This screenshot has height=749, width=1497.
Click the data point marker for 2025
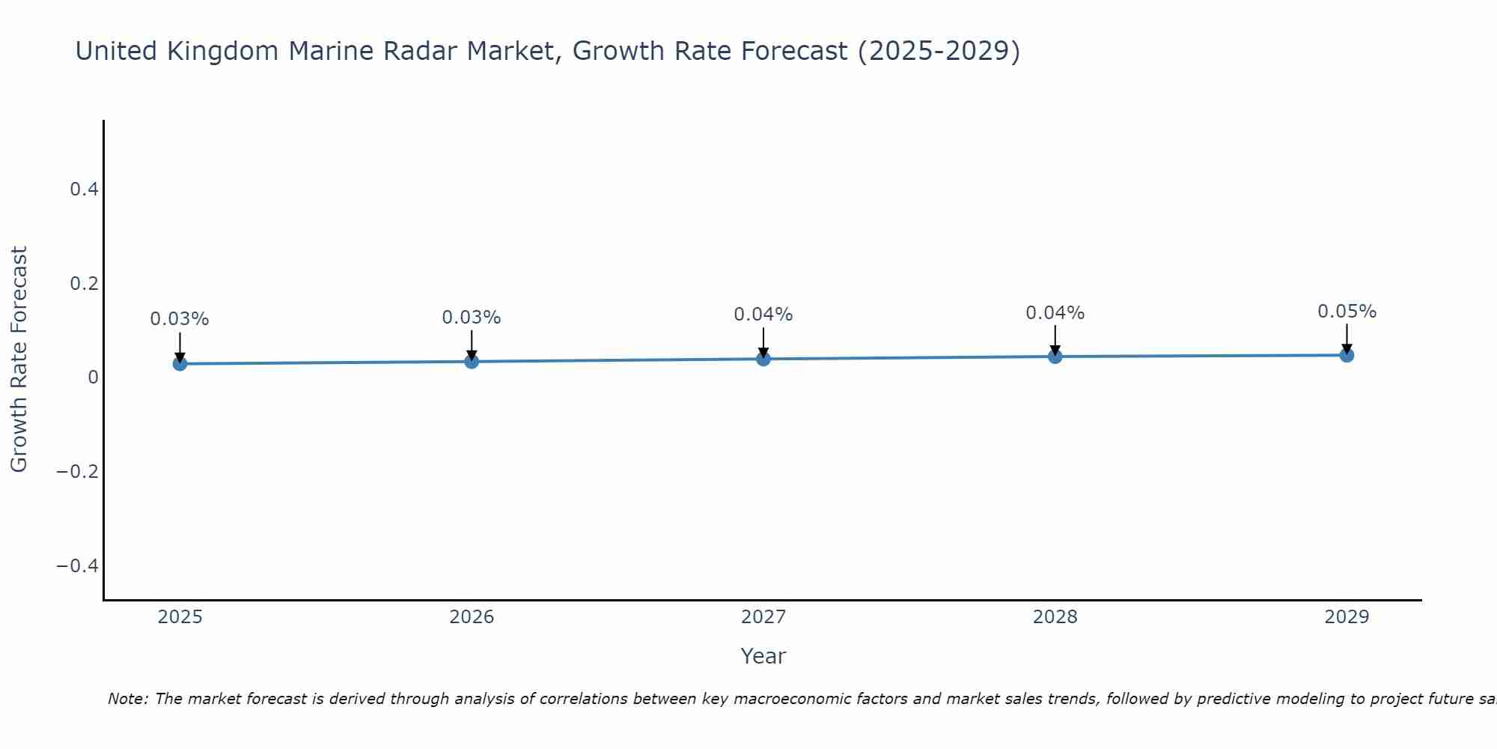180,364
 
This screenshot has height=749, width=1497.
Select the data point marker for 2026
472,362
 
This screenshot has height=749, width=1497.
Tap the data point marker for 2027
763,359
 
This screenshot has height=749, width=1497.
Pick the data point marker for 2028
1055,357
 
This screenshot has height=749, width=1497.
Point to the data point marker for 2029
1347,355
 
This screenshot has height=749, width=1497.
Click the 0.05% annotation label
1347,312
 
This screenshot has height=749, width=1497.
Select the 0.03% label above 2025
180,319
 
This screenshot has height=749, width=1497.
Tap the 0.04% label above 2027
763,315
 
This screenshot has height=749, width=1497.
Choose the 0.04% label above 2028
1055,313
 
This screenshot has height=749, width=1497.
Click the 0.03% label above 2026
472,318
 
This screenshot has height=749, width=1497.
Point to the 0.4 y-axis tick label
85,189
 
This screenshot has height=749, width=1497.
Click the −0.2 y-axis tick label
78,471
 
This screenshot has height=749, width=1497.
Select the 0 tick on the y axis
93,377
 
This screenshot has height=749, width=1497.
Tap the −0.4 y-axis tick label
78,565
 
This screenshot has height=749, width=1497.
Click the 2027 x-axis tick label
763,617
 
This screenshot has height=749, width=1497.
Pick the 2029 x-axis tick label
1347,617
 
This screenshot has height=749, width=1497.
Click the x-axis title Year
763,656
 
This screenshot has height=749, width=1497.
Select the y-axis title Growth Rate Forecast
19,360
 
